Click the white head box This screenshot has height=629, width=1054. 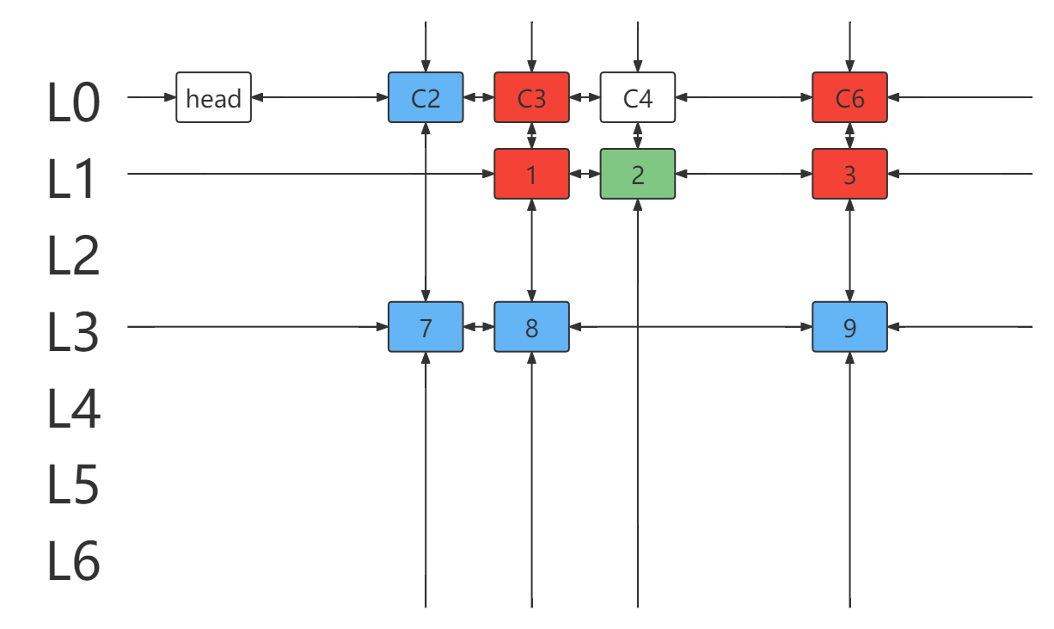click(213, 97)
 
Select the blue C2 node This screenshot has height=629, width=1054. click(426, 97)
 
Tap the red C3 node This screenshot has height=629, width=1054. click(531, 97)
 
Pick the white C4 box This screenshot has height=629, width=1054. click(638, 97)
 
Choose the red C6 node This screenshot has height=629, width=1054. click(849, 97)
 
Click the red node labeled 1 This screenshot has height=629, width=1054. click(531, 174)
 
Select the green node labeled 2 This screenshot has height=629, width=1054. click(638, 174)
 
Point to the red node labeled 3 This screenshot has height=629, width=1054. click(849, 174)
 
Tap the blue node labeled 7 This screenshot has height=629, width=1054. click(426, 327)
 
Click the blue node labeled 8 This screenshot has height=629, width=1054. click(531, 327)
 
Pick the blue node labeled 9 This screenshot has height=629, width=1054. click(849, 327)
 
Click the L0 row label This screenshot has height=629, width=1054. click(73, 102)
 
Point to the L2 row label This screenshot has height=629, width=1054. click(73, 255)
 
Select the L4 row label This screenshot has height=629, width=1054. click(73, 408)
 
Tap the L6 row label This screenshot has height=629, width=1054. click(73, 561)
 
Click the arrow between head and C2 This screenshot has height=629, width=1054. click(320, 97)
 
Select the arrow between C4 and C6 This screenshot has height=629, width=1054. click(744, 97)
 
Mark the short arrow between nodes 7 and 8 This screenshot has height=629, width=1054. click(479, 327)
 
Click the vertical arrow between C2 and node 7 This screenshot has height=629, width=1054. click(426, 213)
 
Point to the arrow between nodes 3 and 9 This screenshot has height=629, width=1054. click(849, 250)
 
